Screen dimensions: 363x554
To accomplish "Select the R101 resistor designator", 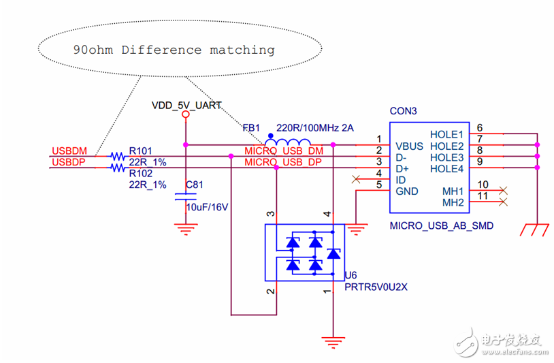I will point(141,151).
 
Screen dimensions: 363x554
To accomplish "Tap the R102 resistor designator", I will point(141,174).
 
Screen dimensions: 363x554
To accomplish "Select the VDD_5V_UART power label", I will point(186,106).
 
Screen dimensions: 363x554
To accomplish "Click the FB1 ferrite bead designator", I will point(252,128).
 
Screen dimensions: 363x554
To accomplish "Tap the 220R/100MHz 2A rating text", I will point(314,128).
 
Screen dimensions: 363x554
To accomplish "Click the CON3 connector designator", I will point(403,111).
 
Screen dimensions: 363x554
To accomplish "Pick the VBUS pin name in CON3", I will point(410,146).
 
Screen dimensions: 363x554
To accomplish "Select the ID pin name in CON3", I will point(401,180).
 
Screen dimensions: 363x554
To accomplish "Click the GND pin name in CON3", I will point(406,191).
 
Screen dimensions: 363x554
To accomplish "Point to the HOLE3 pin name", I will point(446,157).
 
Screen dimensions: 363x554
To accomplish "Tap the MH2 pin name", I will point(453,202).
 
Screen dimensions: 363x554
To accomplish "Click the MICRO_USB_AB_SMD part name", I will point(441,225).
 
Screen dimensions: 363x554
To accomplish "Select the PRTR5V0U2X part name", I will point(376,287).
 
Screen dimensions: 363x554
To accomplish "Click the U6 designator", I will point(350,275).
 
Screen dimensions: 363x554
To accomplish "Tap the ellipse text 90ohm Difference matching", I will point(174,50).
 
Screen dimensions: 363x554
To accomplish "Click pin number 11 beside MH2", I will point(483,197).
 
